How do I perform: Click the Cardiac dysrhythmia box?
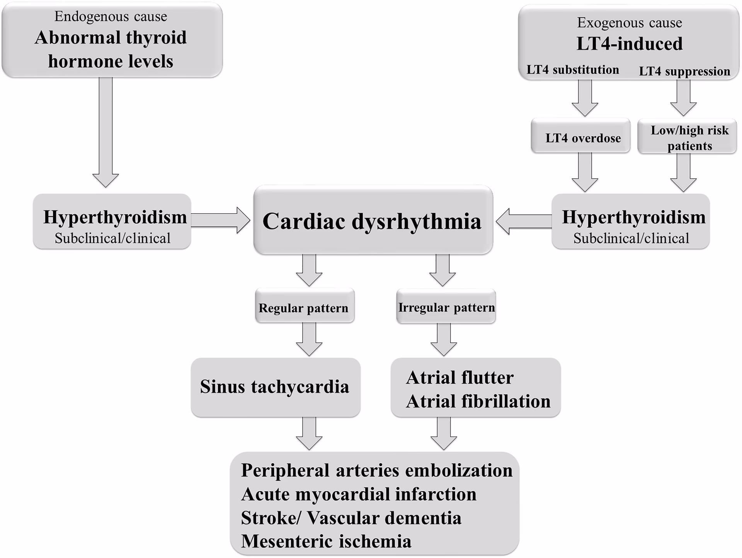pos(373,220)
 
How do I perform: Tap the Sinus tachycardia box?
pos(275,387)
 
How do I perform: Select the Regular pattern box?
pos(304,308)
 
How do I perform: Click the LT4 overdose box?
pos(582,138)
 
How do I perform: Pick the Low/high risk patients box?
pos(689,138)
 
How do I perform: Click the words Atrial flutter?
pos(459,378)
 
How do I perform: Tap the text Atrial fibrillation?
pos(478,401)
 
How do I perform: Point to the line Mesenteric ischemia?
pos(326,541)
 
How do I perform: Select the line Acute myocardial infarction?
pos(358,494)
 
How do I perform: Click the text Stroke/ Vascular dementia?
pos(351,518)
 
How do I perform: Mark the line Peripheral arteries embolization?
pos(376,470)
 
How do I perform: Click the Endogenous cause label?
pos(111,16)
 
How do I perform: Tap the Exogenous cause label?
pos(629,22)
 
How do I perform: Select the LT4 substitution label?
pos(572,70)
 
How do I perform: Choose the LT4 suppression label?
pos(684,71)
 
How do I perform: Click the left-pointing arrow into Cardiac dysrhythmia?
pos(524,221)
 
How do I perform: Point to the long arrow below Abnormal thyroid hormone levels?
pos(106,131)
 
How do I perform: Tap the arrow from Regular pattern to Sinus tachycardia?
pos(309,339)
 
